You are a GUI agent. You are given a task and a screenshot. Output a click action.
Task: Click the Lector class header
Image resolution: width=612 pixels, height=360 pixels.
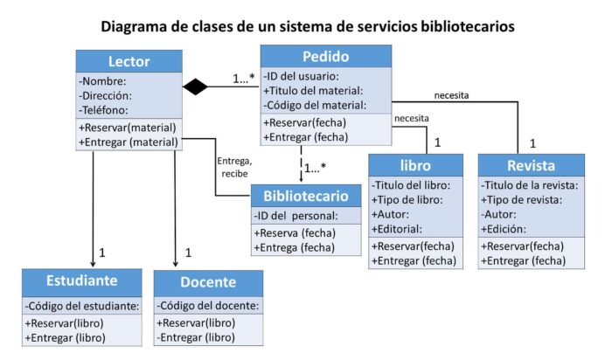(x=129, y=61)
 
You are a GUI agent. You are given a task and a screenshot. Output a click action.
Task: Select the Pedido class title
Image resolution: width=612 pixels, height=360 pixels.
(x=324, y=58)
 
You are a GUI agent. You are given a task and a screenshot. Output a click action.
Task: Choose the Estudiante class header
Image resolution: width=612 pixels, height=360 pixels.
(x=82, y=281)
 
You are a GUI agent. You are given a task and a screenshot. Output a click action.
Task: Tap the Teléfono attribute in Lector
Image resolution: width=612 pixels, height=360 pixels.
(x=104, y=110)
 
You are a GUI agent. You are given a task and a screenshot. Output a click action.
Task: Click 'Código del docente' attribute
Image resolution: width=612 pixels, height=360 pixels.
(x=208, y=306)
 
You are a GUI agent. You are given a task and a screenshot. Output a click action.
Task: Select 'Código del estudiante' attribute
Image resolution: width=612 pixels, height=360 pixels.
(x=82, y=306)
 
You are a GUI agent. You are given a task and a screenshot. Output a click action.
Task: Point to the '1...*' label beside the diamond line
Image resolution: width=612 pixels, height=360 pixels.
(x=244, y=79)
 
